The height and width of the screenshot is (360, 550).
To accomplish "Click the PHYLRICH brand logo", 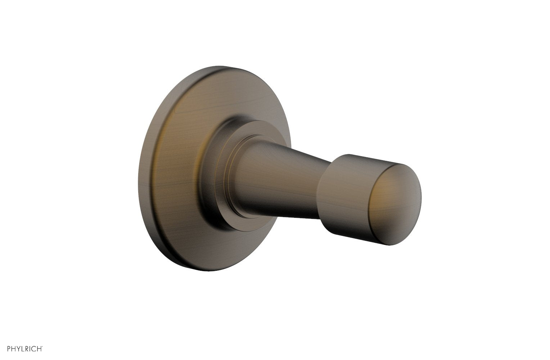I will [x=25, y=348].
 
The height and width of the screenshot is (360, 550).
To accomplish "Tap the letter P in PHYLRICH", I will [x=9, y=348].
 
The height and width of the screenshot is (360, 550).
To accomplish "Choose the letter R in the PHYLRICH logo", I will [x=29, y=348].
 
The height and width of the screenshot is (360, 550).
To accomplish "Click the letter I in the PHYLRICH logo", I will [x=33, y=348].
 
